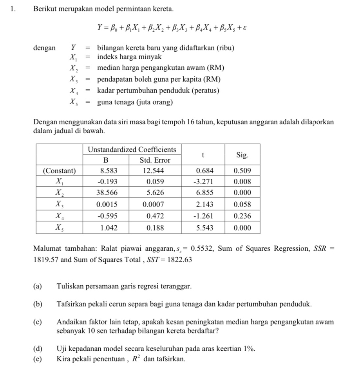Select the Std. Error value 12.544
coord(153,171)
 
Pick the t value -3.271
coord(203,182)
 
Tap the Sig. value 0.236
coord(242,216)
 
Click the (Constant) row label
coord(59,171)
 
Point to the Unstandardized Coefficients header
coord(132,150)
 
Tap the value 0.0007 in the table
coord(153,204)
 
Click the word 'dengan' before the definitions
coord(44,48)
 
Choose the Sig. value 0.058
coord(242,204)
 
